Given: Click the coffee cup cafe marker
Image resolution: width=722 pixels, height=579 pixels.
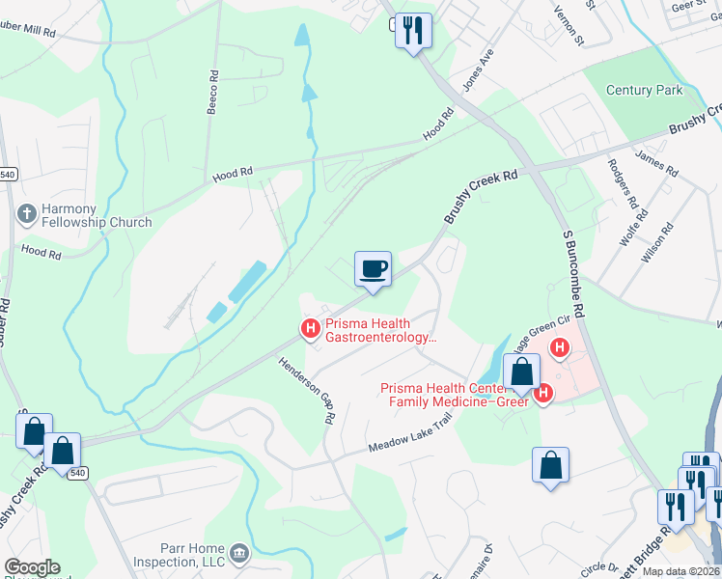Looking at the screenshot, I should pos(373,269).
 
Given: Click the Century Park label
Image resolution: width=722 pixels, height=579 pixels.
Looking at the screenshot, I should pos(644,90).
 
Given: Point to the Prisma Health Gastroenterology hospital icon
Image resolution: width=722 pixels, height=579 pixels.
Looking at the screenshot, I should pos(311,329).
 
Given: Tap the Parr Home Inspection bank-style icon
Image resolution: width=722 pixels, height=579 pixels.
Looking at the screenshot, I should pos(240,554).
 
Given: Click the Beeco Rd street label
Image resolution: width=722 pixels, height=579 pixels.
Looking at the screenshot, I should pos(212,92).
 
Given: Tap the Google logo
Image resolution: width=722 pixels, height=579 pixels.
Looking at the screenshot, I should pos(32,568).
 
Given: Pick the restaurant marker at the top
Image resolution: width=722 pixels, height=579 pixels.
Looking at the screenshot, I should pos(413,31).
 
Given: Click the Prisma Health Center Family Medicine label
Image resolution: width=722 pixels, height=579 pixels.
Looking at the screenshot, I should pos(455,395).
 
